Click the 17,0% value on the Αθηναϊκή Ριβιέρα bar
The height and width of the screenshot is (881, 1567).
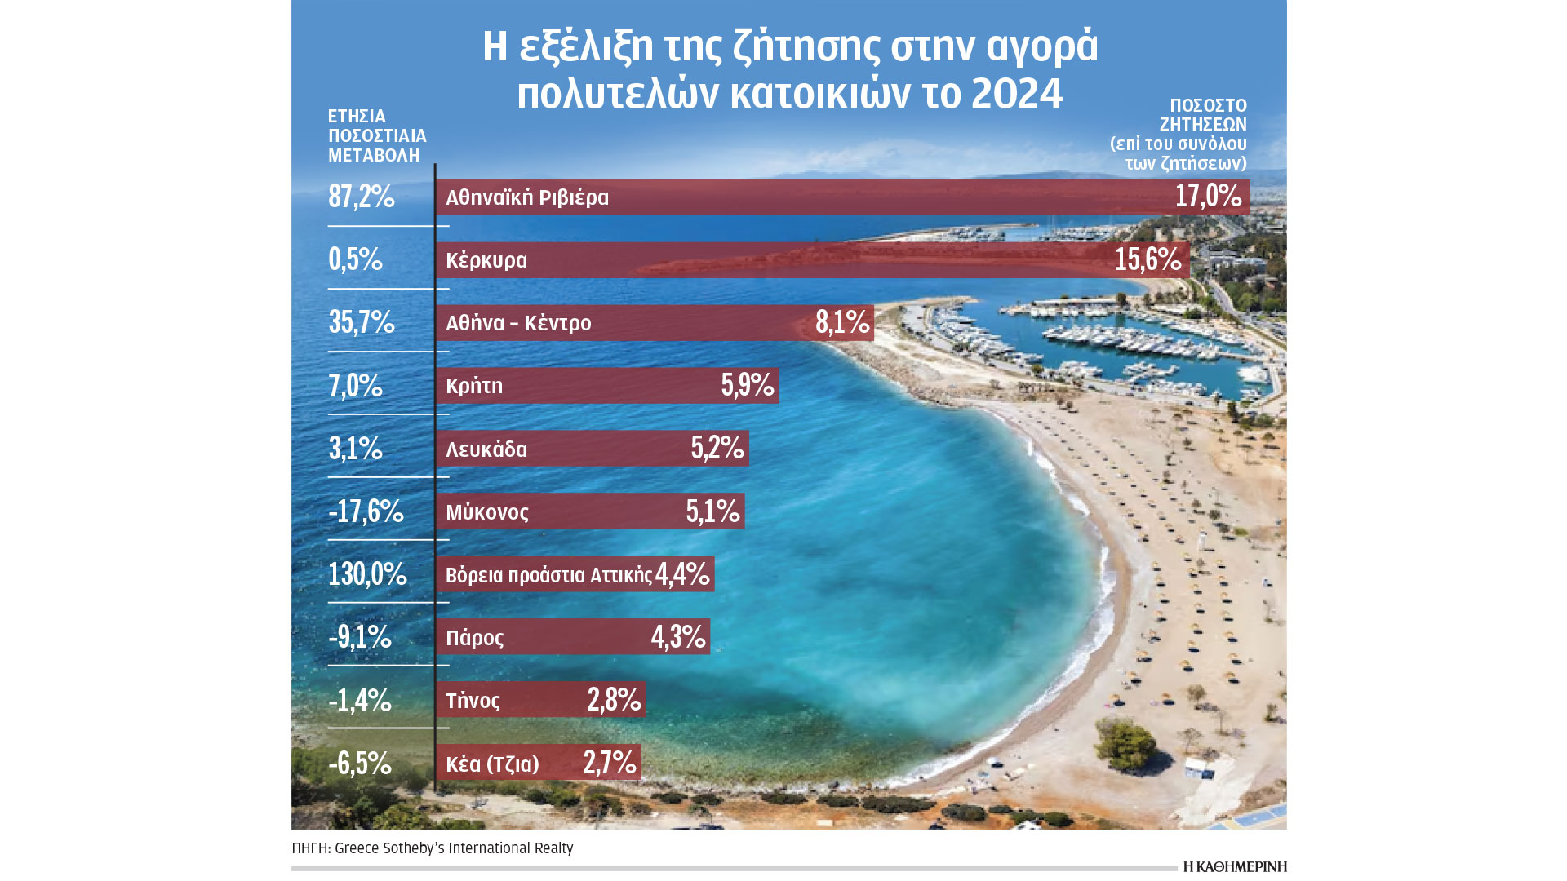1208,197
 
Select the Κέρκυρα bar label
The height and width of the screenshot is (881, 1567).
486,260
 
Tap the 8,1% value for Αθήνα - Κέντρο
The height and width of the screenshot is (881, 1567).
842,323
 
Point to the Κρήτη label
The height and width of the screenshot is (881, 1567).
474,386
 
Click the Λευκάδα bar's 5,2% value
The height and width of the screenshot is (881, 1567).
717,449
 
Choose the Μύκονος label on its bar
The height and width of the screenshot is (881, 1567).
487,512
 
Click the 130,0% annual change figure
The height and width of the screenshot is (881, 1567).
367,574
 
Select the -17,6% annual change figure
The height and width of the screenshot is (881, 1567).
366,511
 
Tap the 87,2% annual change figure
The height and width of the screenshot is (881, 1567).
362,197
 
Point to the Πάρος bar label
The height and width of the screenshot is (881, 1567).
475,637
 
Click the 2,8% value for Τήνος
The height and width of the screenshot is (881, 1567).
614,700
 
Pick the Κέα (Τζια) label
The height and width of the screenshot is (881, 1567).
492,764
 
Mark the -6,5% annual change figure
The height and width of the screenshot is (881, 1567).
360,764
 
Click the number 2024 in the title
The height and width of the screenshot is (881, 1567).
1017,94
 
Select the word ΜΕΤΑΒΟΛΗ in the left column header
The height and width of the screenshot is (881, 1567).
374,155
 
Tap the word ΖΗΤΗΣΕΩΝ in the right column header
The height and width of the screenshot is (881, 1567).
1203,125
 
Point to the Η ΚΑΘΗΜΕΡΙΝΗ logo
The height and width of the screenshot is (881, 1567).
1234,866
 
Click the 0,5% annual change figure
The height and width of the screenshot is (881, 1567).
355,259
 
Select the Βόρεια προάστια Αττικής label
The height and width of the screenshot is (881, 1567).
548,575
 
